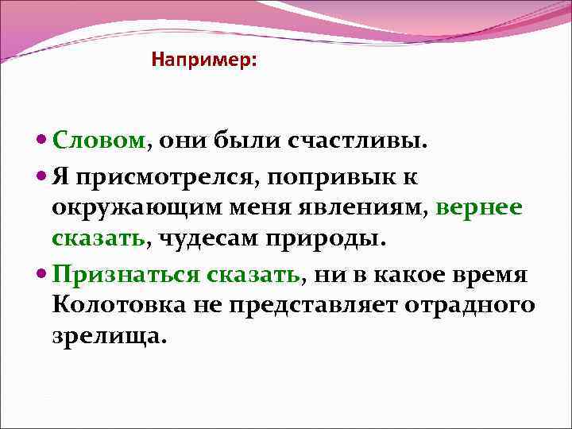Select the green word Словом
[99, 141]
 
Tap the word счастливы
[359, 141]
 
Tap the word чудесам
[207, 238]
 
